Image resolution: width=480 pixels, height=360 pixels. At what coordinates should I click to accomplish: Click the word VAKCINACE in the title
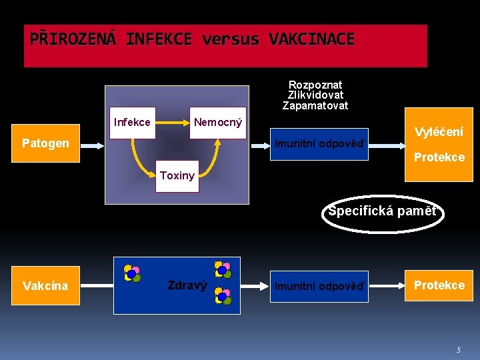point(311,39)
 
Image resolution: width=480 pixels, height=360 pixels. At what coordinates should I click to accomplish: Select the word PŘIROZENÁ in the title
point(73,39)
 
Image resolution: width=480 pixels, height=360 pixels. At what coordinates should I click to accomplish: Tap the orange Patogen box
point(45,143)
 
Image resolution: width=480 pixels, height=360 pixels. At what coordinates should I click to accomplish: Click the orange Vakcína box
point(45,285)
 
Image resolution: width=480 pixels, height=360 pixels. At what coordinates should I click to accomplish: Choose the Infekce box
point(132,123)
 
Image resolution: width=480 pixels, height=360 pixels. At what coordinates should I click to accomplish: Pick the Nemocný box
point(217,123)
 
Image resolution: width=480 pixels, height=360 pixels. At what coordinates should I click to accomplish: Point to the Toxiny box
point(177,176)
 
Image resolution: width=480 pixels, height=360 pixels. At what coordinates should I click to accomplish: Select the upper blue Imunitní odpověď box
point(320,144)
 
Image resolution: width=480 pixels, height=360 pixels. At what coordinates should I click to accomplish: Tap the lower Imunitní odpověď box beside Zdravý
point(320,286)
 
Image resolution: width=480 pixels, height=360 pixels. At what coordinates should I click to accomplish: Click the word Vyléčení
point(439,132)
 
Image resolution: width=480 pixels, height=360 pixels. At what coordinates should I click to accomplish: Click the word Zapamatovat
point(315,105)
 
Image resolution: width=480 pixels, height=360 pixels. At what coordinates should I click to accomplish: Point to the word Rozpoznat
point(315,85)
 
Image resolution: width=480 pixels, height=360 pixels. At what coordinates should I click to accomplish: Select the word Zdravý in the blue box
point(187,285)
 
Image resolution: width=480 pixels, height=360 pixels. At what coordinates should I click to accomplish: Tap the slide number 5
point(458,350)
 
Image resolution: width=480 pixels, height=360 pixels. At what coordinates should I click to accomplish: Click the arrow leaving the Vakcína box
point(96,285)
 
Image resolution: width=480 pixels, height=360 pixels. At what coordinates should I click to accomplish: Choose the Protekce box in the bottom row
point(439,285)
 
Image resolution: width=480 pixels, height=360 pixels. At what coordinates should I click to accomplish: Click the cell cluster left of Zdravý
point(132,273)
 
